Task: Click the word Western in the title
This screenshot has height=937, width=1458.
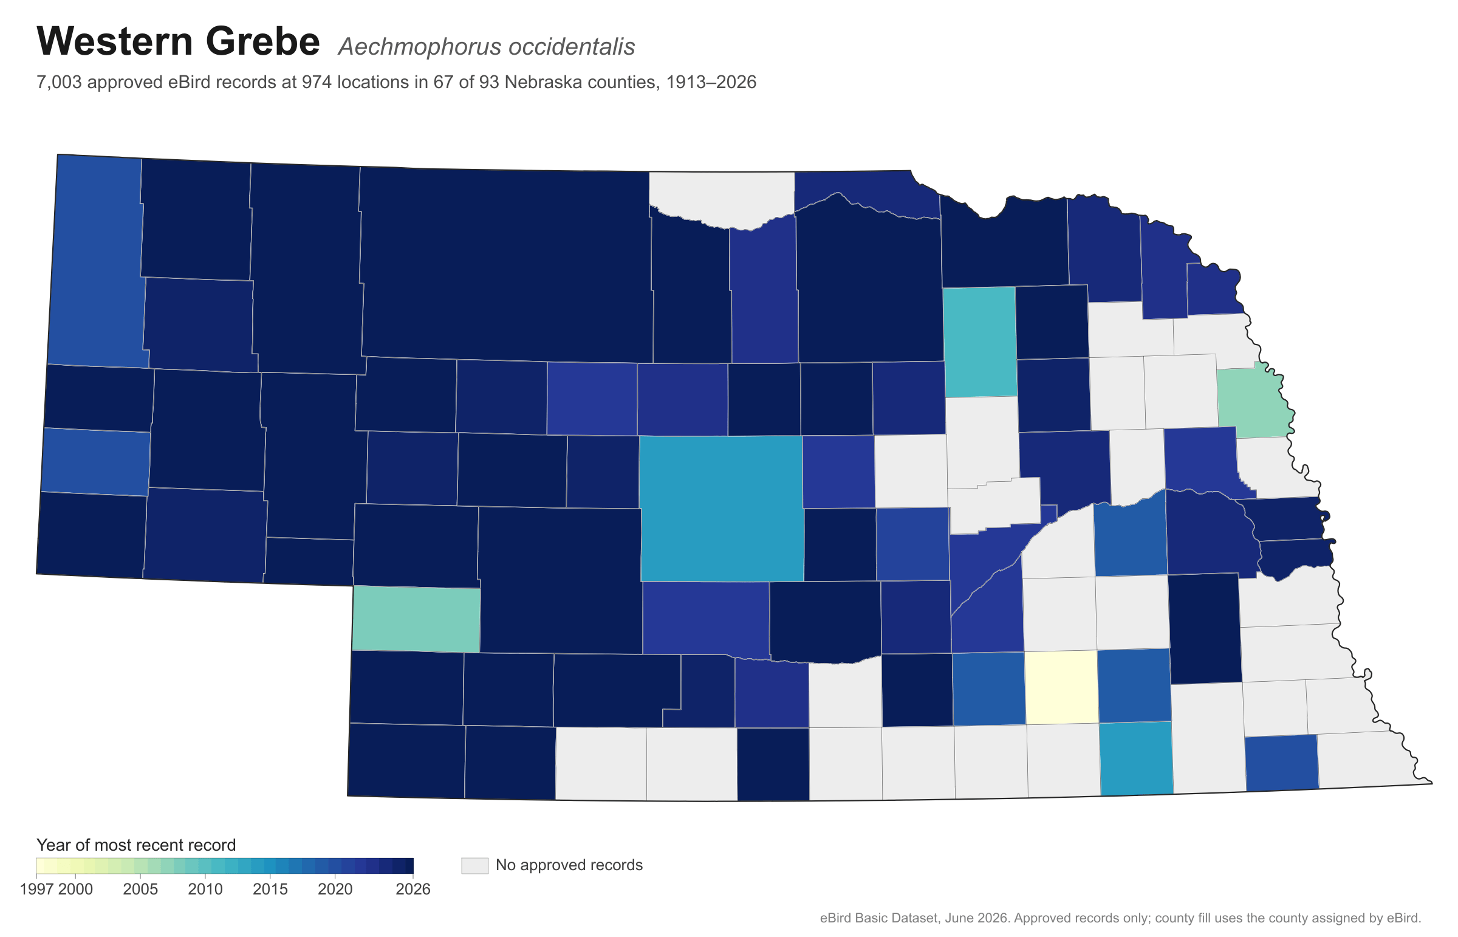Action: (x=115, y=41)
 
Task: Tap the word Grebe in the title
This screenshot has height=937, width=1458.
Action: (x=263, y=41)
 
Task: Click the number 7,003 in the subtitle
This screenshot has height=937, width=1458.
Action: (x=59, y=83)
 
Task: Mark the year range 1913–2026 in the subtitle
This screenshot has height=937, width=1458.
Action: (x=711, y=82)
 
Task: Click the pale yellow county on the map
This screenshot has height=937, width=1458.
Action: (x=1061, y=687)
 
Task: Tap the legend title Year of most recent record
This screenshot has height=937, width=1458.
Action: (x=136, y=845)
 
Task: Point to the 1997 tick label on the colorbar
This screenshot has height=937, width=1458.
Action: (x=37, y=889)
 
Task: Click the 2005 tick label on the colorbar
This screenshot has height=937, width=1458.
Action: (x=140, y=889)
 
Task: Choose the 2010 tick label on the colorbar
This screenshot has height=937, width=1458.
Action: (x=205, y=889)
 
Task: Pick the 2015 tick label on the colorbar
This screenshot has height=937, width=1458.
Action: (x=271, y=889)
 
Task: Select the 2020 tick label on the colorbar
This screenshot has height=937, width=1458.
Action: (x=335, y=889)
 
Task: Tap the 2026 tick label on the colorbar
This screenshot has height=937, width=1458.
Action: (x=413, y=889)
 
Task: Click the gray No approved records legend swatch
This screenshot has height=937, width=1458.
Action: (x=474, y=865)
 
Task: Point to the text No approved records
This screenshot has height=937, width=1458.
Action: (x=569, y=865)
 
